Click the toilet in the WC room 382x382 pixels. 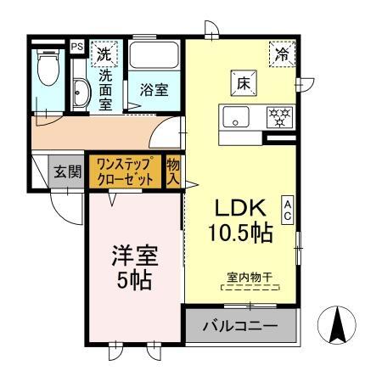[x=49, y=69]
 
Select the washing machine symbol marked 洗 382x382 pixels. [x=104, y=53]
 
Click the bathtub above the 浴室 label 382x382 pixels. [x=154, y=57]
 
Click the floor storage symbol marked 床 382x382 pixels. [x=239, y=84]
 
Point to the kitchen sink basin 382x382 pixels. [x=233, y=116]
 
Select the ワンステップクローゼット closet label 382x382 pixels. [x=125, y=171]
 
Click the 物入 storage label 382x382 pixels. [x=173, y=171]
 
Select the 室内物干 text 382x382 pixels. [x=250, y=276]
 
